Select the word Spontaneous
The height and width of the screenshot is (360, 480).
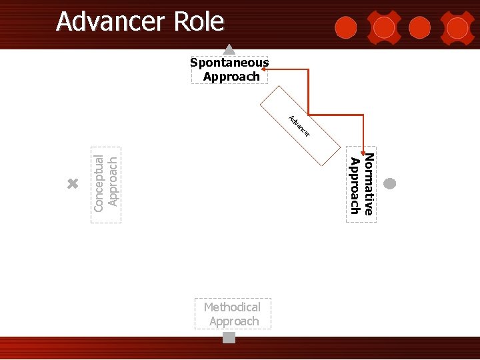229,63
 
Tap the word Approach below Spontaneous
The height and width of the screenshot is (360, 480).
231,77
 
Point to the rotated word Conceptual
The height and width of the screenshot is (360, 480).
99,183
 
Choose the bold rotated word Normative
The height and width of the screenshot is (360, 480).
369,184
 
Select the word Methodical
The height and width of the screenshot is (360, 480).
232,307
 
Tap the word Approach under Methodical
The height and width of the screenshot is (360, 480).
233,321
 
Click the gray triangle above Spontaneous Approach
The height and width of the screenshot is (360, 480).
229,49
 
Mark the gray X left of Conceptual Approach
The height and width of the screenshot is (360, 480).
73,184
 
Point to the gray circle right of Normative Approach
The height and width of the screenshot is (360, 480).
391,183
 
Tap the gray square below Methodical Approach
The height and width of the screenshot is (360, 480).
229,338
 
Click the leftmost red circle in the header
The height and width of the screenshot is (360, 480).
345,27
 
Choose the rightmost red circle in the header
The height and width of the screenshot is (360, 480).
457,27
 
